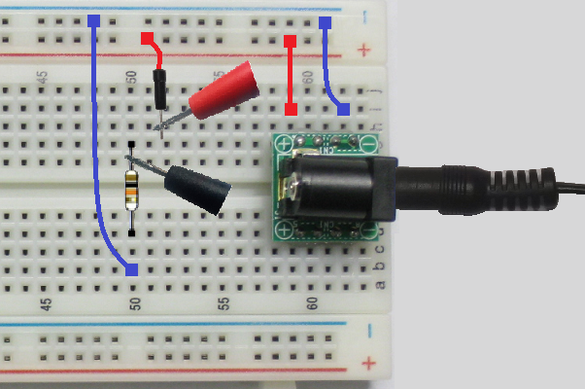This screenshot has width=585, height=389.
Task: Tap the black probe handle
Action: pos(198,190)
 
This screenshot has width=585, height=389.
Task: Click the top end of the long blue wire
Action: pos(93,19)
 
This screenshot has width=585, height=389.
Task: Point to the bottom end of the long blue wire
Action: pos(132,269)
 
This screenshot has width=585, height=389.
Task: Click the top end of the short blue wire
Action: pos(326,20)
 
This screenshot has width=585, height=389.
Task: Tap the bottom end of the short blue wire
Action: pos(343,109)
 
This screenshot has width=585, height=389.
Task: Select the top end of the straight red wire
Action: pos(290,41)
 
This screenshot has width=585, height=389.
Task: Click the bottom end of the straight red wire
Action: pos(290,109)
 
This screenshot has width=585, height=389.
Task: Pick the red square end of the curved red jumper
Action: pos(147,38)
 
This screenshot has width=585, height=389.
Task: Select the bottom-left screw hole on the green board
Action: pos(284,230)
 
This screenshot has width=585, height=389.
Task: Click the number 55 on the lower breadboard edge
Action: pos(224,304)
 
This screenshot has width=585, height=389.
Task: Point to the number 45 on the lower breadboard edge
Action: pos(45,304)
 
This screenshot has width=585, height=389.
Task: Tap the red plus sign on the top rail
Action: pos(365,49)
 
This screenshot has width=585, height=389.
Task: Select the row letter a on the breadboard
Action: pos(380,285)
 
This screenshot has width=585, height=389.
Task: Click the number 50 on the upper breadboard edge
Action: pos(132,77)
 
